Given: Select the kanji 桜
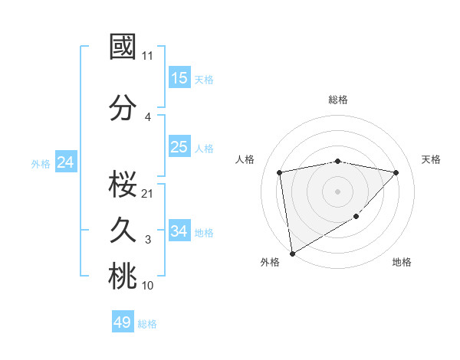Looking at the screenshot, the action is point(123,183).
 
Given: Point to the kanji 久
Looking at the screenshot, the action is point(123,230).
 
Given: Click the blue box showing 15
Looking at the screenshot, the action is point(179,78).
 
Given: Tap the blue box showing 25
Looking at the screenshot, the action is point(179,147).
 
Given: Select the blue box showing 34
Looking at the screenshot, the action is point(179,231).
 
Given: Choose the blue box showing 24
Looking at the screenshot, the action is point(65,162).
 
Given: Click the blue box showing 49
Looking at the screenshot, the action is point(123,322).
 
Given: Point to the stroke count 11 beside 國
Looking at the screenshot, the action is point(148,56).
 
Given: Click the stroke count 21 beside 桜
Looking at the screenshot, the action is point(148,193).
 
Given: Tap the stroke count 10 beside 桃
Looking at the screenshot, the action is point(148,286).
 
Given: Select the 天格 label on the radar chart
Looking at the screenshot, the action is point(431,159).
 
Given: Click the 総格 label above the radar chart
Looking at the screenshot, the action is point(338,100).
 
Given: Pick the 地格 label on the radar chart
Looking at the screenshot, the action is point(402,262).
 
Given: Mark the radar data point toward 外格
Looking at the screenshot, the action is point(291,253).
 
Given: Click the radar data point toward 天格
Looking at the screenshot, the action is point(396,172).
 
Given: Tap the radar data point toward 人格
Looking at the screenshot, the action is point(280,172).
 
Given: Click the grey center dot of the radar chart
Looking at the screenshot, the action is point(338,191).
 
